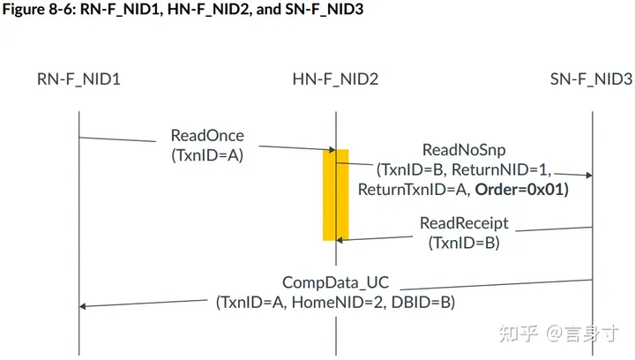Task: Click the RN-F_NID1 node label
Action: tap(78, 79)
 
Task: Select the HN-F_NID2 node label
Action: tap(335, 79)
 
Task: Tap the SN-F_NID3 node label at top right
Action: tap(591, 79)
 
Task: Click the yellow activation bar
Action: tap(335, 194)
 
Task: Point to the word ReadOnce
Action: tap(207, 136)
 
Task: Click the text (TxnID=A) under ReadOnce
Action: tap(207, 154)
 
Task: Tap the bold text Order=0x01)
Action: tap(520, 189)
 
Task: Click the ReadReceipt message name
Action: tap(464, 223)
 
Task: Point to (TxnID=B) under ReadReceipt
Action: tap(464, 242)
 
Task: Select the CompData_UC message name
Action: tap(335, 283)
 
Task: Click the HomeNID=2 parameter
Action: tap(349, 302)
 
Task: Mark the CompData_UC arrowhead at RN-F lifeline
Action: tap(84, 306)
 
